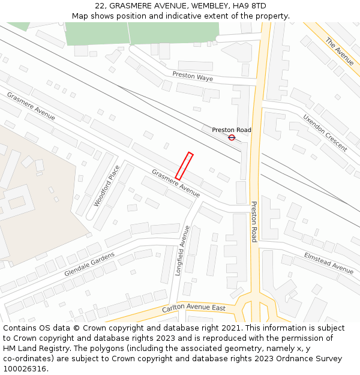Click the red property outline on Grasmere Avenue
184,166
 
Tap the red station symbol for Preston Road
232,137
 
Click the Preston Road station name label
232,130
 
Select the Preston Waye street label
193,77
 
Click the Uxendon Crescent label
325,133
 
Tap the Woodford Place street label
107,186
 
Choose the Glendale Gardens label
89,264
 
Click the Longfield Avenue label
182,250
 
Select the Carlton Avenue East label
194,309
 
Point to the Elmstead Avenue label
329,263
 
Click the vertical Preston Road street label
254,221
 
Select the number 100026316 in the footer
25,368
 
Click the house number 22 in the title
100,6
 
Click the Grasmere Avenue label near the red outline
176,183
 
